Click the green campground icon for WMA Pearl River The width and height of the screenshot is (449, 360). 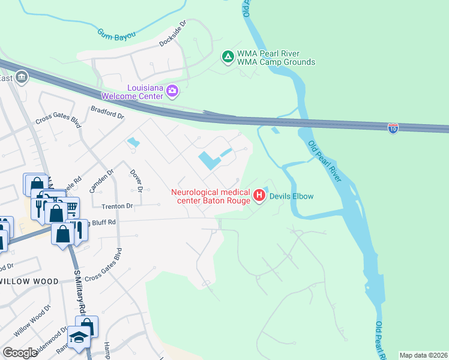coord(228,58)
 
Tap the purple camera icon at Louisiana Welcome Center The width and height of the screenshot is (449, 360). coord(172,91)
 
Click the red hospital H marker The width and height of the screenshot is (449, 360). coord(259,196)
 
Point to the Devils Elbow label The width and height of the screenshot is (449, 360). coord(291,196)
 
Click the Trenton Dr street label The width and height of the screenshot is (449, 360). coord(116,205)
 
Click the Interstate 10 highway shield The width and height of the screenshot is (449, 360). coord(393,128)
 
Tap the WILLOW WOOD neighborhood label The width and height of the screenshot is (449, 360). coord(29,281)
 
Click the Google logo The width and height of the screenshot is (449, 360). coord(20,352)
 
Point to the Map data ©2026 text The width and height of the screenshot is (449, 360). coord(423,355)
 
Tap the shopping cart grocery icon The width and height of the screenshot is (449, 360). coord(70,208)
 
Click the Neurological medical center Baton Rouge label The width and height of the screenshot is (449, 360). coord(211,196)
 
